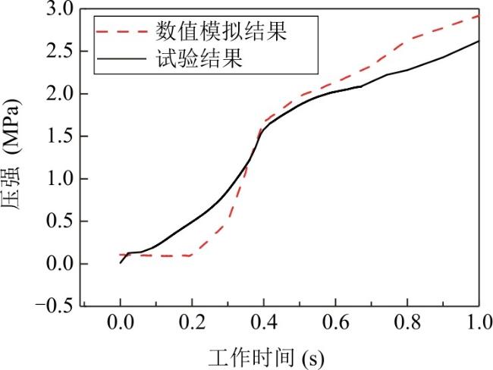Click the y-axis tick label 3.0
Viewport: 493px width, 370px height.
(x=60, y=9)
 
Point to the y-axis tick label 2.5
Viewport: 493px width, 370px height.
(x=60, y=52)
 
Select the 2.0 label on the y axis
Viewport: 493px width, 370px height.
(x=60, y=94)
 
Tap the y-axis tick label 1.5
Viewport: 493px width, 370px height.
(x=60, y=136)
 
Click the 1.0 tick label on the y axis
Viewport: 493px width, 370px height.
(x=60, y=179)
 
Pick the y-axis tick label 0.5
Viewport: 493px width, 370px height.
(x=60, y=221)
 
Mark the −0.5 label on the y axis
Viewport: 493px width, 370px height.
(x=54, y=306)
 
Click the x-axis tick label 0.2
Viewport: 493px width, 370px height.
(x=192, y=322)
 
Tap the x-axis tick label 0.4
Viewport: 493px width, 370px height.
(x=264, y=322)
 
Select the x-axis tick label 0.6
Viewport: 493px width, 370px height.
(x=336, y=322)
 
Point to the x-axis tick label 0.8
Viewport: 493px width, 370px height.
(x=407, y=322)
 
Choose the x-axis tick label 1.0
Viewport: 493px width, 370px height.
(x=479, y=322)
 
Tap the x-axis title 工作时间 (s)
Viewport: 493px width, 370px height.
(x=266, y=358)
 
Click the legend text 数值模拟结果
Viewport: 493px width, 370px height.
(x=221, y=31)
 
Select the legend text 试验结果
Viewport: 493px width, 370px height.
(x=199, y=58)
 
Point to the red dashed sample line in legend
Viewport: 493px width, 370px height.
(x=121, y=31)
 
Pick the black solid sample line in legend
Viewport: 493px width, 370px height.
(x=121, y=58)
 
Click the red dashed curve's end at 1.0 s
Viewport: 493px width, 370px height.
(x=479, y=15)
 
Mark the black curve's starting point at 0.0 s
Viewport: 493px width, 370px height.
(x=121, y=263)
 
